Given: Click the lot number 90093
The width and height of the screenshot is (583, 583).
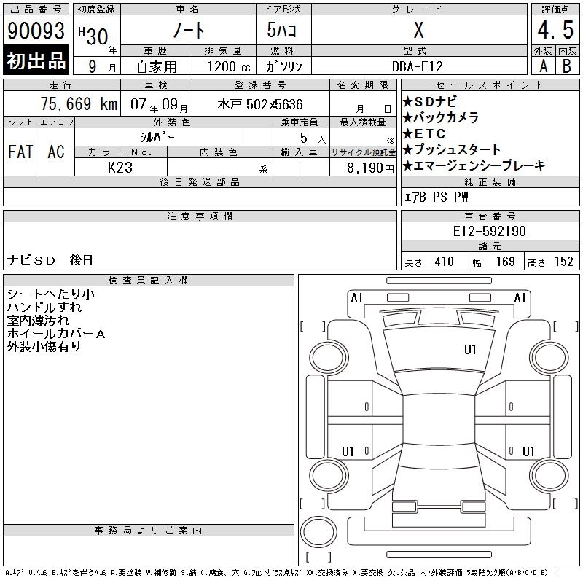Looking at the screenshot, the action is [x=36, y=30].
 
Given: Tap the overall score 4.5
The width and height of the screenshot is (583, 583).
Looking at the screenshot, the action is [x=555, y=30].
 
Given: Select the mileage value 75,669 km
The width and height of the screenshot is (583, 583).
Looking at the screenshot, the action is [x=79, y=103].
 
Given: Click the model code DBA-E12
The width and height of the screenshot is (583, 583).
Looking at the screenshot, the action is [x=418, y=66].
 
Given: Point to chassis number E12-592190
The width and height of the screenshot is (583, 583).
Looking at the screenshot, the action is [x=489, y=231].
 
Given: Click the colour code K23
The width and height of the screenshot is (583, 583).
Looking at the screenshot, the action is [x=120, y=168].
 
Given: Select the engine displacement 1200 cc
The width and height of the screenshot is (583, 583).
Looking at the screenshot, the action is [x=229, y=66].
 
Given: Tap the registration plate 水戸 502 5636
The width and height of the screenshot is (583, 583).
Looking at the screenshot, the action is [x=260, y=104].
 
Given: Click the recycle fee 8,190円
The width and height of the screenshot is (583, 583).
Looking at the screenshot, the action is [x=370, y=168].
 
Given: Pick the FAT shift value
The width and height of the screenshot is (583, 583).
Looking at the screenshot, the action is [x=20, y=152].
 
